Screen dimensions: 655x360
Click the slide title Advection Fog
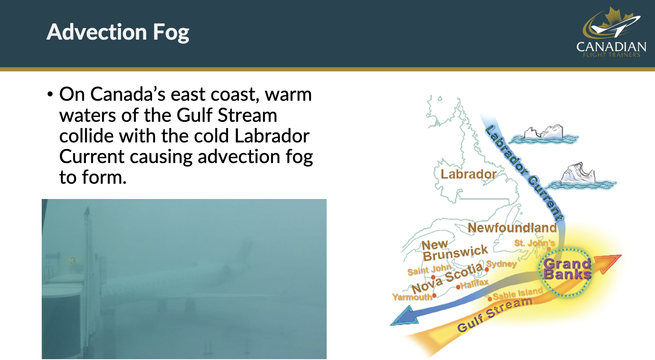(118, 32)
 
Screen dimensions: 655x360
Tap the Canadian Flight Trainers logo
(611, 32)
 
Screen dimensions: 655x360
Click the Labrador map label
(468, 174)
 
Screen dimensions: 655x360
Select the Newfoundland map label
(512, 228)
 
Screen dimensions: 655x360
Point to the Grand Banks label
(567, 269)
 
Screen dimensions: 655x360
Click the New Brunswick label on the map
(455, 251)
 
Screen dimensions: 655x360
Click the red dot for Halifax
(458, 287)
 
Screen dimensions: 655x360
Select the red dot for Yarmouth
(434, 296)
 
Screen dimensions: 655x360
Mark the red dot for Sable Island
(490, 299)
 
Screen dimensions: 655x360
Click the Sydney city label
(501, 264)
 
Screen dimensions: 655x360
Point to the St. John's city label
(534, 243)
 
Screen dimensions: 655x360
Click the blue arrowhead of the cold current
(405, 316)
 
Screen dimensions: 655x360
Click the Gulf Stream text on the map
(495, 315)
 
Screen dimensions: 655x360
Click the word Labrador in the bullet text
(272, 136)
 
